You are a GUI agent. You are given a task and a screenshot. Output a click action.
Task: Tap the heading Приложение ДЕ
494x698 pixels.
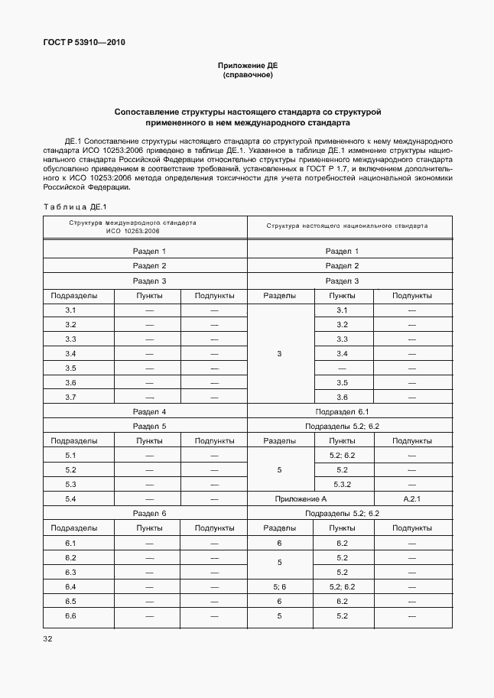pyautogui.click(x=247, y=67)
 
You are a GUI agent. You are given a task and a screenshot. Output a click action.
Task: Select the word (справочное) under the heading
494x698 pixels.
pyautogui.click(x=247, y=76)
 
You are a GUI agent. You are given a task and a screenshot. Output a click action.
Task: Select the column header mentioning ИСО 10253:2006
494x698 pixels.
pyautogui.click(x=145, y=226)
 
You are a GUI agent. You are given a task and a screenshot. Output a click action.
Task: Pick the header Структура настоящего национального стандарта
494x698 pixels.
pyautogui.click(x=346, y=226)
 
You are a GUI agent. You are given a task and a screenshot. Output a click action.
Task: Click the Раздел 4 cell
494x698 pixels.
pyautogui.click(x=149, y=411)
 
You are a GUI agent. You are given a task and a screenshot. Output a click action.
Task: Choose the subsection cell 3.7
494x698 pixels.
pyautogui.click(x=70, y=397)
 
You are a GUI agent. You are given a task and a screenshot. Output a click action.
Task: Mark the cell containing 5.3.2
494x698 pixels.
pyautogui.click(x=342, y=484)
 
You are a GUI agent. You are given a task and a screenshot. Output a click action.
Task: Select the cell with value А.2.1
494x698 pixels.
pyautogui.click(x=411, y=498)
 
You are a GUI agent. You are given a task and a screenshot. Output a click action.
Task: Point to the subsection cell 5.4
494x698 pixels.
pyautogui.click(x=70, y=498)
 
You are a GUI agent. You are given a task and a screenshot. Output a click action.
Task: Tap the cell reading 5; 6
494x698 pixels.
pyautogui.click(x=279, y=586)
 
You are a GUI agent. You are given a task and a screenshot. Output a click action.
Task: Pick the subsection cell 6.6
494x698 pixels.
pyautogui.click(x=70, y=615)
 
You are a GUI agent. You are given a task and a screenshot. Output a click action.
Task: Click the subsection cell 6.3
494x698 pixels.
pyautogui.click(x=70, y=572)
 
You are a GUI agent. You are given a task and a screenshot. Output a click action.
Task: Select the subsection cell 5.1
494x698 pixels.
pyautogui.click(x=70, y=455)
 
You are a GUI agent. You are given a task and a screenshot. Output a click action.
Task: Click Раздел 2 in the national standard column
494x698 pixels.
pyautogui.click(x=342, y=266)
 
